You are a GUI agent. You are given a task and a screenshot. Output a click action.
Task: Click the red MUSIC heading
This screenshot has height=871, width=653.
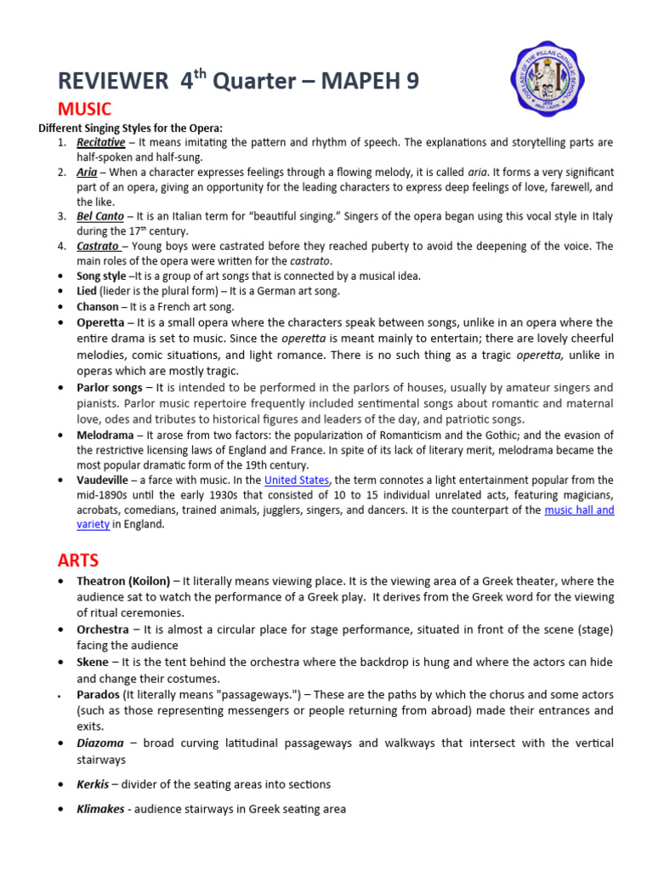(84, 109)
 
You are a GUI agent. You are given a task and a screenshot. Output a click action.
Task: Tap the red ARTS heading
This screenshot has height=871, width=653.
(78, 560)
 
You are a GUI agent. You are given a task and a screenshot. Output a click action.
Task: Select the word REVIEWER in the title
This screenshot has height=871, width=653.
(112, 81)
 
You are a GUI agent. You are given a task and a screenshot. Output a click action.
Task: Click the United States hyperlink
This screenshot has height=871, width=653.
(297, 480)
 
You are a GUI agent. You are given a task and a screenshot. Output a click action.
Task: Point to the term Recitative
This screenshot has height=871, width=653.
(100, 142)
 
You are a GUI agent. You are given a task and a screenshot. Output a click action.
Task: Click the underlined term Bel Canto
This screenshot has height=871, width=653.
(99, 216)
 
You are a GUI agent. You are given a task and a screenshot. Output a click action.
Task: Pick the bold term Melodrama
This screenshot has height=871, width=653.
(105, 435)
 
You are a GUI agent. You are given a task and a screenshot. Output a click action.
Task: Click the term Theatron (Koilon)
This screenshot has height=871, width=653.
(123, 581)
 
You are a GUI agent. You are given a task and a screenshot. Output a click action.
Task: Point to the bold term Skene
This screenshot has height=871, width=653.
(93, 662)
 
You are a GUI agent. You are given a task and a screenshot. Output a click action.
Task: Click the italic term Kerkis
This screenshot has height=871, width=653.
(93, 784)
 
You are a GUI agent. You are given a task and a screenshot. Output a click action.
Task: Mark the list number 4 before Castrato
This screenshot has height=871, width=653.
(62, 246)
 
